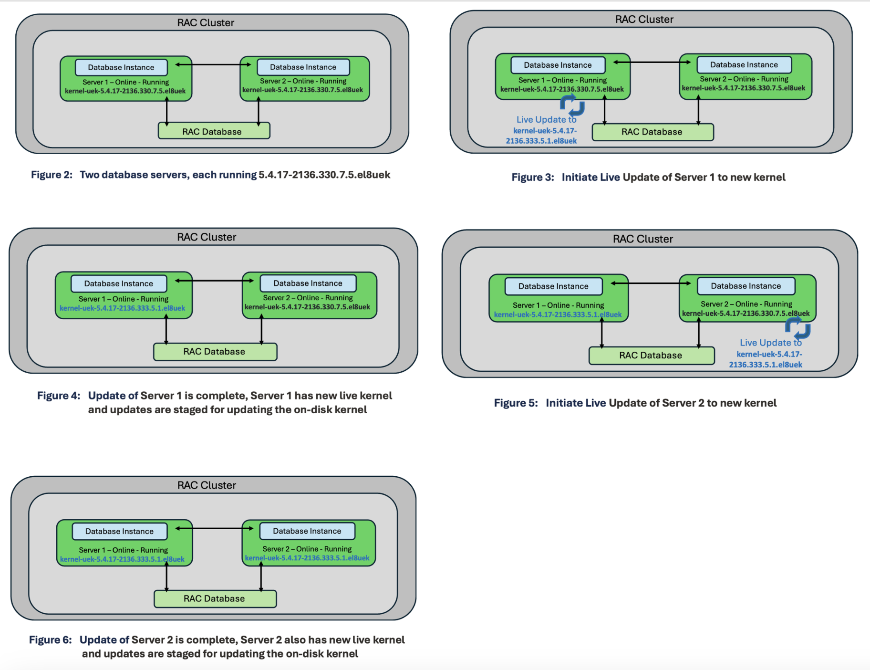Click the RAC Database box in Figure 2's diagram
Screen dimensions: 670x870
(214, 131)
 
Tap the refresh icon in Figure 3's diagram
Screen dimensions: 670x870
(572, 105)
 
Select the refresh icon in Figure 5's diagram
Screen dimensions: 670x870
(797, 328)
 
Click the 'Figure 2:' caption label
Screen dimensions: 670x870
(52, 175)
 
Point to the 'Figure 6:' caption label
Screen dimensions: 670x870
(50, 639)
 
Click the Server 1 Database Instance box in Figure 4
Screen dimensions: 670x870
(119, 283)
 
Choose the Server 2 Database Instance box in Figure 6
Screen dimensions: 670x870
(307, 531)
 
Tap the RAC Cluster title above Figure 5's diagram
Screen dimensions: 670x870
(642, 239)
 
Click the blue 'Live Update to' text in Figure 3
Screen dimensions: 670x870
(546, 119)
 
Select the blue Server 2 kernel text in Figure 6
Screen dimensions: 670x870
(307, 558)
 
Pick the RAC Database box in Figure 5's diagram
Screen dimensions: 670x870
(651, 356)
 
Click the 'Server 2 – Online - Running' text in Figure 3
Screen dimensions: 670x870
(744, 79)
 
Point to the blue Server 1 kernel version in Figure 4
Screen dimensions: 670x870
(122, 308)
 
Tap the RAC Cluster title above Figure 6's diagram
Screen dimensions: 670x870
(207, 485)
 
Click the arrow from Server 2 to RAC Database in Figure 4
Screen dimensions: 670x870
(261, 330)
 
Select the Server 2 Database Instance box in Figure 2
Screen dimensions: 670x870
(303, 67)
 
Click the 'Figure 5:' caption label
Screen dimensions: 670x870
(516, 403)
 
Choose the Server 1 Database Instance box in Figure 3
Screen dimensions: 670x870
(558, 65)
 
